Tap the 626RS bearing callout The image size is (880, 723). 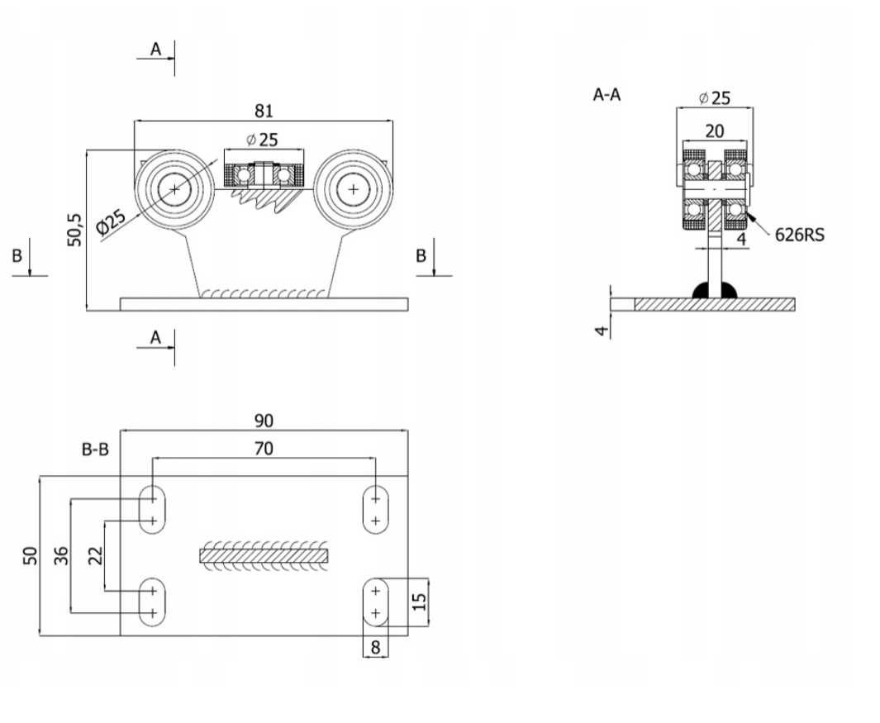tap(799, 235)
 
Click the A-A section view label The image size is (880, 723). tap(607, 95)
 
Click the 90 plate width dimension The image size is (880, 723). tap(264, 421)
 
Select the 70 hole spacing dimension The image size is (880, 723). tap(264, 449)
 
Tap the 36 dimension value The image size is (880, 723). tap(60, 555)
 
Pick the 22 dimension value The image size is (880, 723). tap(95, 555)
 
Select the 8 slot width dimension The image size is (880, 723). tap(376, 648)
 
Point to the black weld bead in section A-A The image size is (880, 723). tap(714, 290)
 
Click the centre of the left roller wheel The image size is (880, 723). tap(175, 189)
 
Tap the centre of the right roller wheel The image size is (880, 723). tap(354, 189)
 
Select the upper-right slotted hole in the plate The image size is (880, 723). tap(376, 510)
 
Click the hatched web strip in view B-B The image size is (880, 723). tap(264, 555)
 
